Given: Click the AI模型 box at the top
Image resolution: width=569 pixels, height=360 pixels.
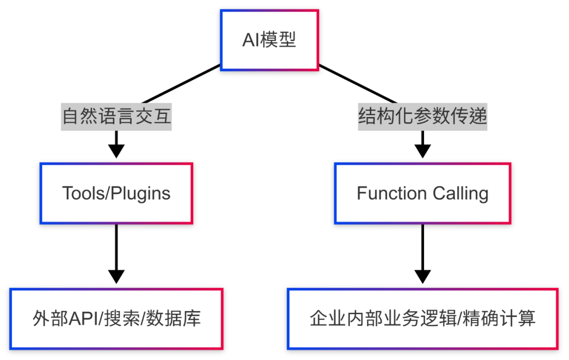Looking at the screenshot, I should pos(269,40).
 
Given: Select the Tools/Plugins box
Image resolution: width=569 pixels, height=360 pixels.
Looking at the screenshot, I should pos(116,193).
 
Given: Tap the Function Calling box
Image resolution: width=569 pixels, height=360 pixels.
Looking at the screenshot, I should pos(423,193).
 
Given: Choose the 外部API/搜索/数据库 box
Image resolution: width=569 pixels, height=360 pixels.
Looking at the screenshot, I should pos(116,318).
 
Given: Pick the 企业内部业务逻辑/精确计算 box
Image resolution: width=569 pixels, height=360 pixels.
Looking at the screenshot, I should pos(423,318).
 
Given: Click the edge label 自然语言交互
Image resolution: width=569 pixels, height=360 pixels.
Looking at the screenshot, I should pos(116,116).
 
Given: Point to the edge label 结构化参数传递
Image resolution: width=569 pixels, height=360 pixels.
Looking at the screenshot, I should pos(423,116).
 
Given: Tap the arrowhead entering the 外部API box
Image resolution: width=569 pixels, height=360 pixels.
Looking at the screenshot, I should pos(116,276).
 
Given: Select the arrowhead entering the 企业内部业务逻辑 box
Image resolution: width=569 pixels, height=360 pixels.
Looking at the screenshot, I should pos(423,276).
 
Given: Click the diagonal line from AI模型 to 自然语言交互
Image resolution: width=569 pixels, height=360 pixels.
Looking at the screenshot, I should pos(179,84).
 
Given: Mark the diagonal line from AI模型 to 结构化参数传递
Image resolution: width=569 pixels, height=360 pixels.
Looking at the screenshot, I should pos(358,84).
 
